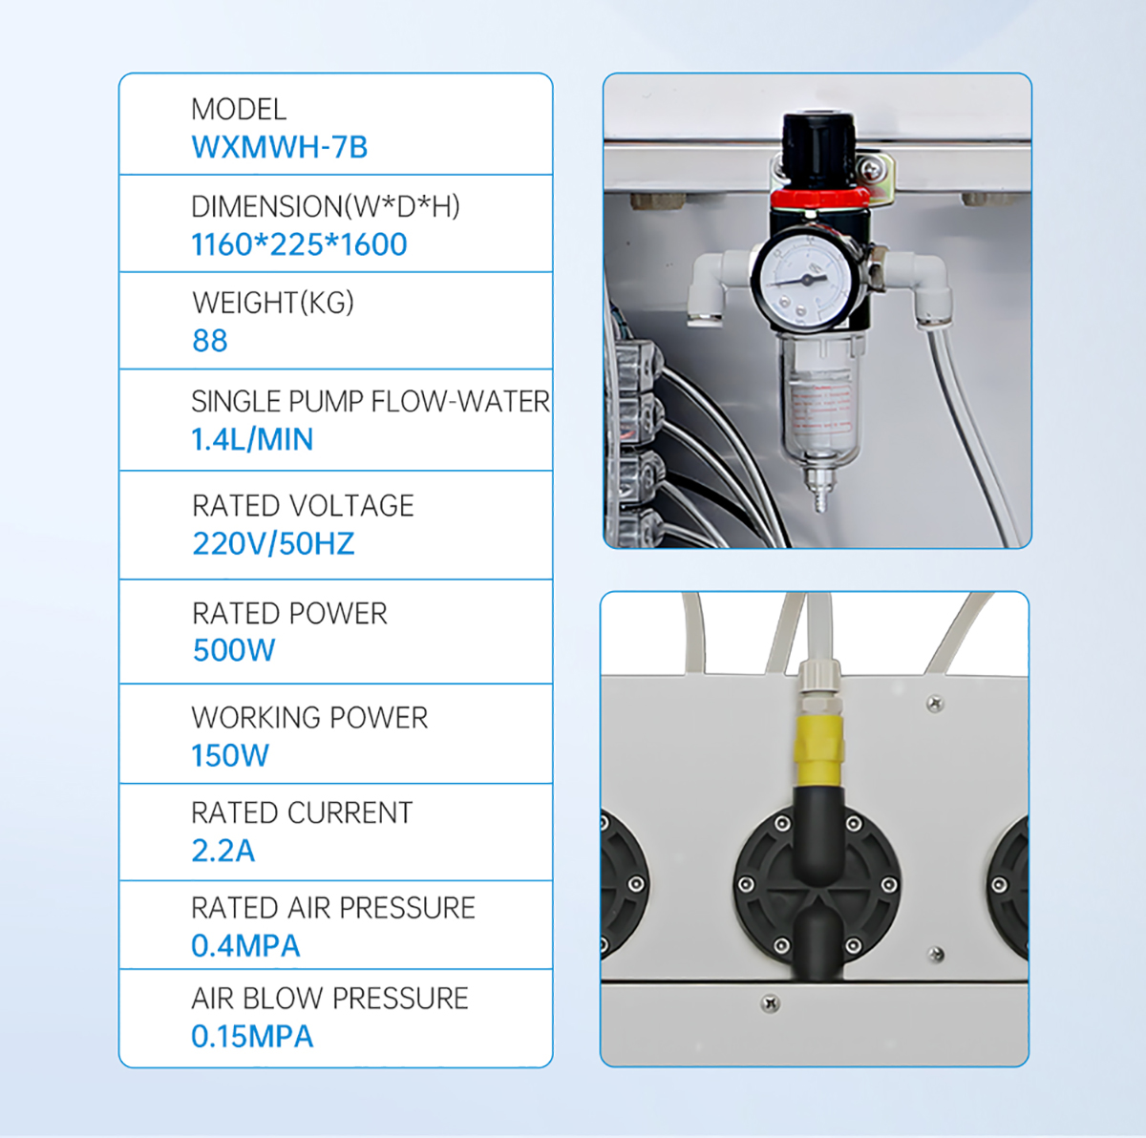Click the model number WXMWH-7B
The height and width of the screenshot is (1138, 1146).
(280, 147)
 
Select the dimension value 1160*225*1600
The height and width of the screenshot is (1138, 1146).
(299, 244)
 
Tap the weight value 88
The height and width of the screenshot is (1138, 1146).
(210, 341)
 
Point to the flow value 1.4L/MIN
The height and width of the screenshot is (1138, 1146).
(252, 439)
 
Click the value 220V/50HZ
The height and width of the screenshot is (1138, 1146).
(273, 543)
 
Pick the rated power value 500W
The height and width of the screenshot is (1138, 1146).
(234, 650)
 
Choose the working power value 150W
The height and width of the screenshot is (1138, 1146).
(230, 755)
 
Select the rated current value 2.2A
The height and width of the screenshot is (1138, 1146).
(223, 851)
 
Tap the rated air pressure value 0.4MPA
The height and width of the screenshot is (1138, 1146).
(245, 945)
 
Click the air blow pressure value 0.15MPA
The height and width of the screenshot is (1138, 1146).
(252, 1037)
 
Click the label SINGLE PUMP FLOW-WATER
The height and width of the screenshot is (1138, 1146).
(371, 401)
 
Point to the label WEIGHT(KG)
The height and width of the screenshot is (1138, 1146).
(273, 303)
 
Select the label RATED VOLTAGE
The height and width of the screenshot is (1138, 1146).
(304, 506)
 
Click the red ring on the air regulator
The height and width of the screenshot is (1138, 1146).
(820, 199)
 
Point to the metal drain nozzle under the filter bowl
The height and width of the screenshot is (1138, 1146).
(820, 489)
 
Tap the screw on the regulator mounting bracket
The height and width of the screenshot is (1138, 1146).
(871, 169)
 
